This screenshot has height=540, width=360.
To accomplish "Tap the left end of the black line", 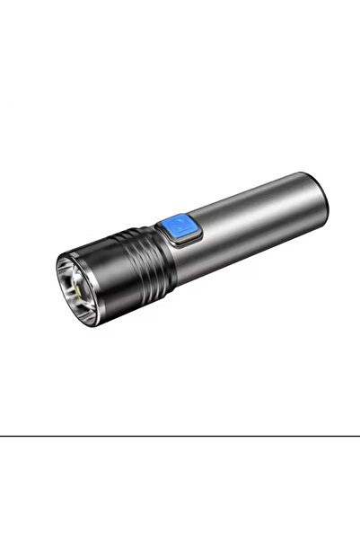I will [2, 436].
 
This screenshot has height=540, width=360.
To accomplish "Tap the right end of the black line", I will [357, 436].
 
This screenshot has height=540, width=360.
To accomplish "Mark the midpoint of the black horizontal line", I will [180, 436].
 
